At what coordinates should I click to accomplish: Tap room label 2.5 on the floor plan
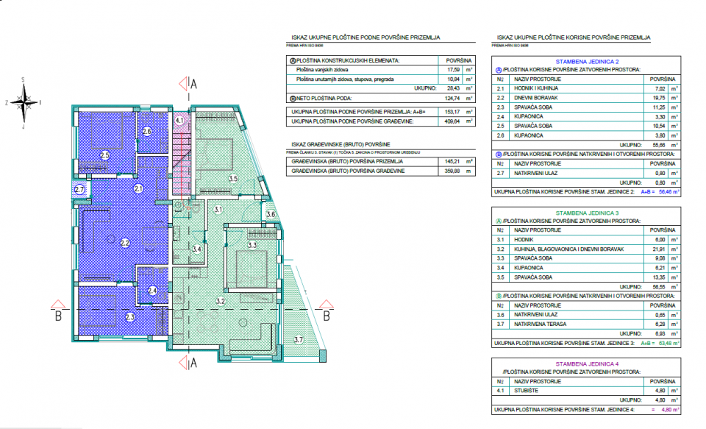[x=104, y=155]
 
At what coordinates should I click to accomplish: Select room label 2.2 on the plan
[x=124, y=242]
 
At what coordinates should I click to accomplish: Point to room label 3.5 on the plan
[x=233, y=179]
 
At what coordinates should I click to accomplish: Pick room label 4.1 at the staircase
[x=179, y=121]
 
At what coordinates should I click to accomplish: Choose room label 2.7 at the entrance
[x=80, y=190]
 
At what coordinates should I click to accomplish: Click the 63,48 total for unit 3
[x=666, y=342]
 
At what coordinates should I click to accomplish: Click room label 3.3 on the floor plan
[x=252, y=244]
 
